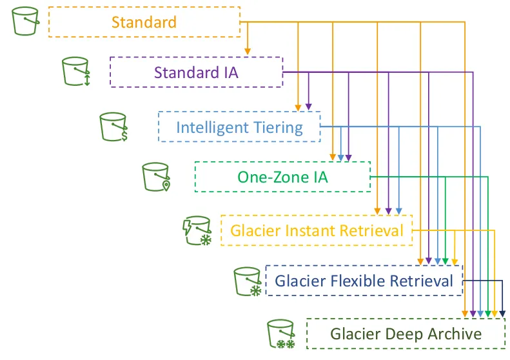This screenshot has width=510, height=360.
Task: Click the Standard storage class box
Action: [144, 22]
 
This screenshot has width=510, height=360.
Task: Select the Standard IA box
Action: [196, 72]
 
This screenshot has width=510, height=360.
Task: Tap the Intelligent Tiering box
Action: [239, 127]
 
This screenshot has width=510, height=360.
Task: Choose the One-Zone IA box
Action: [282, 177]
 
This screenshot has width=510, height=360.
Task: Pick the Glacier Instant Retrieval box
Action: [317, 230]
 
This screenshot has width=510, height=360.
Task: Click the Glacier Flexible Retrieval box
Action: [364, 281]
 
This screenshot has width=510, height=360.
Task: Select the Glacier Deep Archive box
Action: [406, 334]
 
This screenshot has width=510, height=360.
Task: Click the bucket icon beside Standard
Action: [26, 21]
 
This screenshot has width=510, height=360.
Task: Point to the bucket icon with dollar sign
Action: [114, 126]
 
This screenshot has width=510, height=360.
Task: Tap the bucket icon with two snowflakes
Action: [282, 334]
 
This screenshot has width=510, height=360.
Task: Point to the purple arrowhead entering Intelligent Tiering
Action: [308, 106]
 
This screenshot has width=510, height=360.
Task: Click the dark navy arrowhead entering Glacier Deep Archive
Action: [503, 314]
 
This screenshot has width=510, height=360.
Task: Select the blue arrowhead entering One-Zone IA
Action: [340, 157]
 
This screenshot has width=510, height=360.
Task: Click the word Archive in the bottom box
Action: [451, 334]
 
